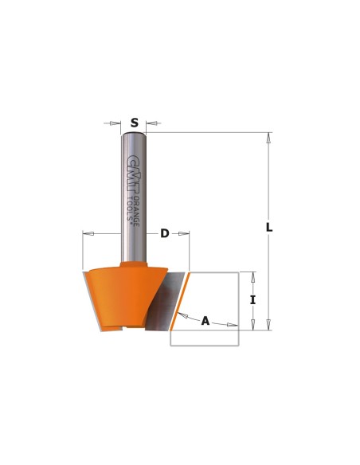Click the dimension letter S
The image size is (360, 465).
pyautogui.click(x=135, y=123)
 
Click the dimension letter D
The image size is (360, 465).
pyautogui.click(x=165, y=233)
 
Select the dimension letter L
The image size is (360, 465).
pyautogui.click(x=269, y=228)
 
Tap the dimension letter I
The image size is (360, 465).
pyautogui.click(x=252, y=300)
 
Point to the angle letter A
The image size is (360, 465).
pyautogui.click(x=205, y=321)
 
